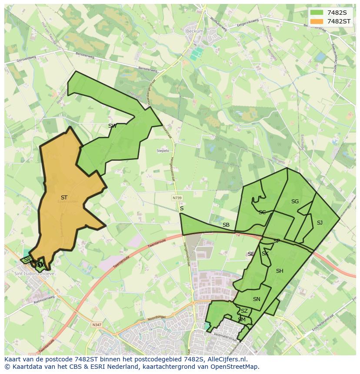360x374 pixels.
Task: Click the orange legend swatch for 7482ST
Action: coord(317,21)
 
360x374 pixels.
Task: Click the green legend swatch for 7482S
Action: coord(317,13)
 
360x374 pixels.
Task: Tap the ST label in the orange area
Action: coord(64,198)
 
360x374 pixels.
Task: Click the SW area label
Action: coord(112,126)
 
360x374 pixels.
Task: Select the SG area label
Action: coord(295,202)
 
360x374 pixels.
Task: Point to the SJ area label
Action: coord(320,223)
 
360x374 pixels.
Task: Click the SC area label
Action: coord(262,212)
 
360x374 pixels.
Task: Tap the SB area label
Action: coord(226,225)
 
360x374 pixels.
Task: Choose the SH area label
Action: coord(280,271)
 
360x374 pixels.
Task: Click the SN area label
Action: coord(257,299)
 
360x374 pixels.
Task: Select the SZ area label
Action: coord(244,311)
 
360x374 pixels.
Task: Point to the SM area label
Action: coord(242,320)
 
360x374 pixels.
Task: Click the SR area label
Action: coord(27,260)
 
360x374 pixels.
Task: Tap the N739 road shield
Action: coord(177,198)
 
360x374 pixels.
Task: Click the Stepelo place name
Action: coord(163,151)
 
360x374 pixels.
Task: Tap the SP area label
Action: coord(277,241)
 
